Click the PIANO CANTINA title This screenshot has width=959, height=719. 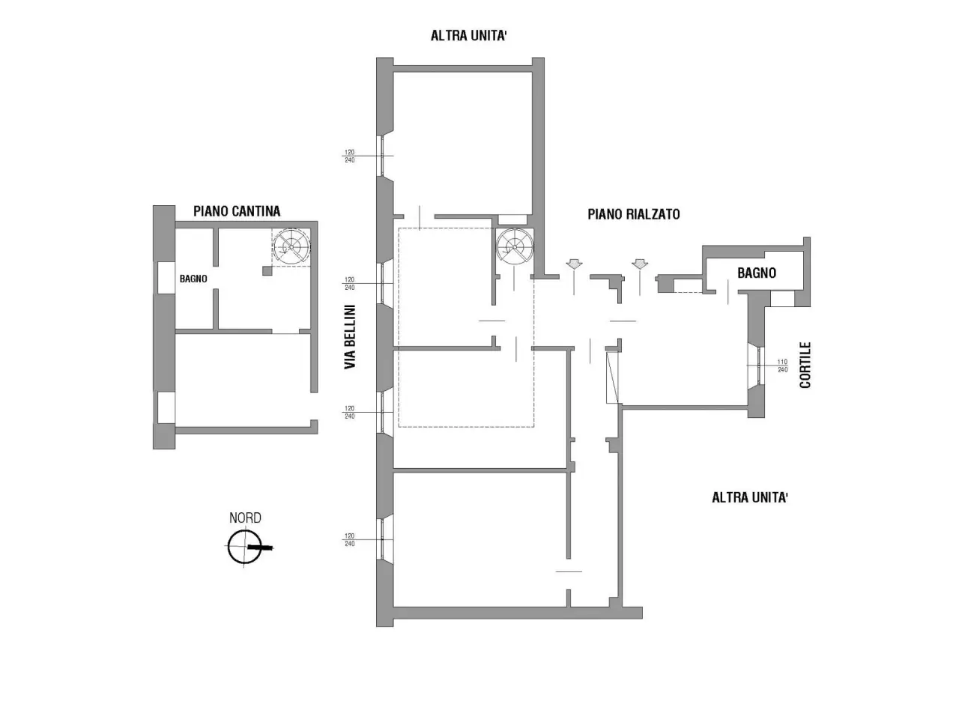tap(236, 211)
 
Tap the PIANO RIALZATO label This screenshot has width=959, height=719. tap(634, 214)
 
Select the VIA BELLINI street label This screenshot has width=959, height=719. tap(350, 336)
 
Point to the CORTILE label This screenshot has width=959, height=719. tap(805, 365)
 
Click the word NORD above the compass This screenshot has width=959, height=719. tap(245, 518)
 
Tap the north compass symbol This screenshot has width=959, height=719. tap(248, 547)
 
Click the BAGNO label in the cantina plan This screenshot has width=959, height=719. tap(193, 279)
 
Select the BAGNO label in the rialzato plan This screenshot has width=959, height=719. tap(757, 273)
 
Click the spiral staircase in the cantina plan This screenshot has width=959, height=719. tap(291, 247)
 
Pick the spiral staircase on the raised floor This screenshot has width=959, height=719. tap(515, 247)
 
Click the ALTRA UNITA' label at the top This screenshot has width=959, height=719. tap(468, 35)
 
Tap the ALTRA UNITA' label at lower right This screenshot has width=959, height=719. tap(750, 497)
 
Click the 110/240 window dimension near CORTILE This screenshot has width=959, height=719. tap(782, 365)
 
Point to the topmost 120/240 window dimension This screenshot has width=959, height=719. tap(350, 157)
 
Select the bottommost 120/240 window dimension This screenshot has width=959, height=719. tap(350, 539)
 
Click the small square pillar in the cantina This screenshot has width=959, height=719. tap(267, 270)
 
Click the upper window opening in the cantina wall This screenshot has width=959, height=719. tap(166, 278)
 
